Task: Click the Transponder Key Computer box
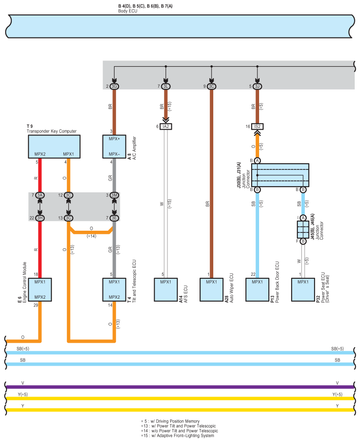click(54, 146)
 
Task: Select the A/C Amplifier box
click(114, 146)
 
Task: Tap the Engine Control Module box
click(40, 289)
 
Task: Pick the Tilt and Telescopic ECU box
click(114, 289)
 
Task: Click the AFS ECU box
click(166, 289)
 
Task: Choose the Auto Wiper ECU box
click(211, 289)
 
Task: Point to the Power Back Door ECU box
click(257, 289)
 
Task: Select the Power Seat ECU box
click(303, 289)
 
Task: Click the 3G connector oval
click(114, 86)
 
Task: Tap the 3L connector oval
click(166, 86)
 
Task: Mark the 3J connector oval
click(257, 86)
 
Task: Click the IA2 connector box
click(166, 127)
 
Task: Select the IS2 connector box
click(257, 127)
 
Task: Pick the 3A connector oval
click(40, 195)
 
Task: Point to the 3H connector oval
click(40, 218)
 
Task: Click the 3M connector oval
click(114, 195)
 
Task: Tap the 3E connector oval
click(114, 218)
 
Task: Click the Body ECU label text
click(128, 11)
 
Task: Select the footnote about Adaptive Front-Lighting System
click(178, 435)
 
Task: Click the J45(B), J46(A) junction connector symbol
click(303, 229)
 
